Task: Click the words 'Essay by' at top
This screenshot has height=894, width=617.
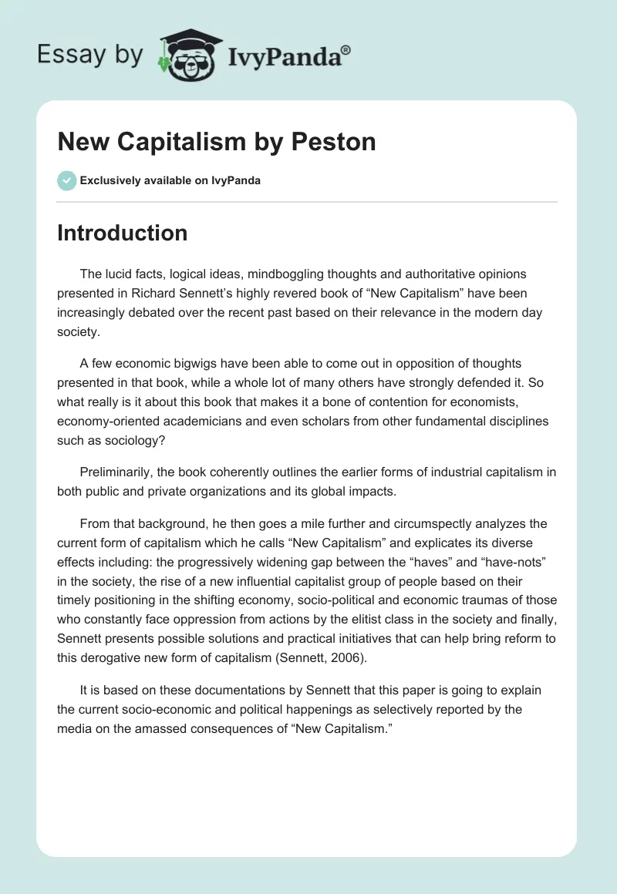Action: pyautogui.click(x=90, y=55)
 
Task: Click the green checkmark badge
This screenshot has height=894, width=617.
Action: pyautogui.click(x=66, y=180)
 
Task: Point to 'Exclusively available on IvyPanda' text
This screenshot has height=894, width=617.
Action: pyautogui.click(x=170, y=181)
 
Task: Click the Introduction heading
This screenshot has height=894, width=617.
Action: pyautogui.click(x=122, y=233)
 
